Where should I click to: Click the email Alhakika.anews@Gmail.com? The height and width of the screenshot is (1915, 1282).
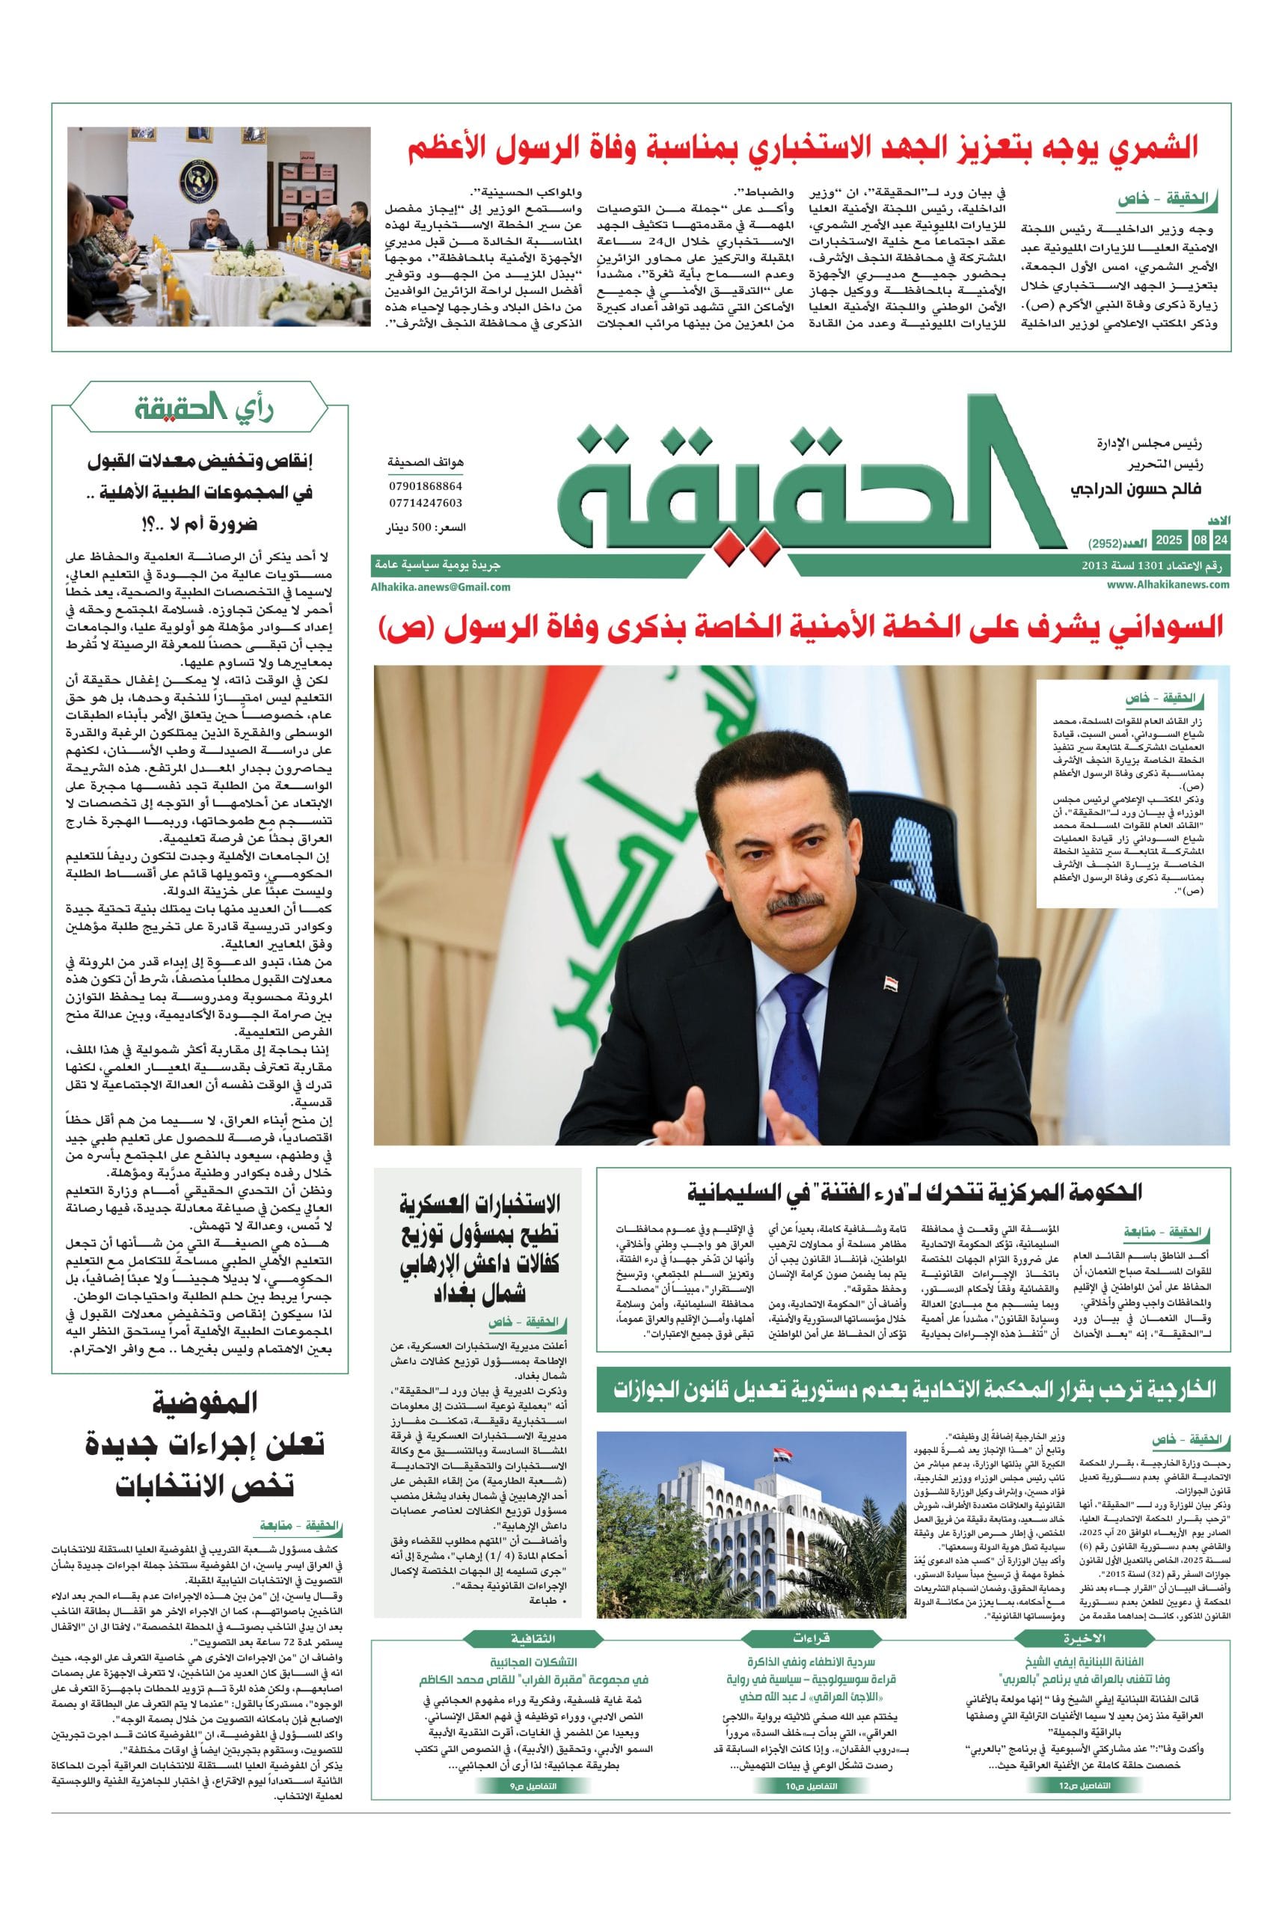pos(441,587)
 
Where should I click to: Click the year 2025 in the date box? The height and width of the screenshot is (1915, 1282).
pos(1169,541)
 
